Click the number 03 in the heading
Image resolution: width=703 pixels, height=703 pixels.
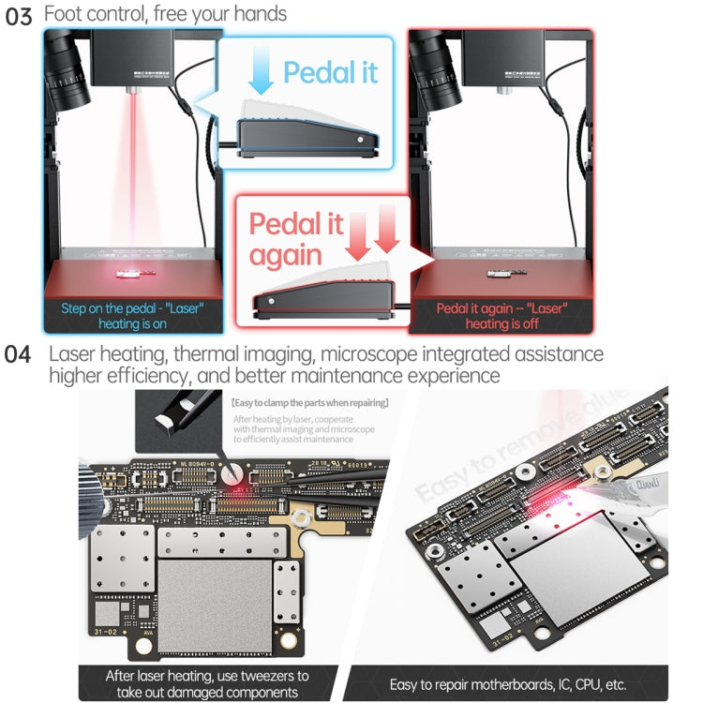pyautogui.click(x=20, y=18)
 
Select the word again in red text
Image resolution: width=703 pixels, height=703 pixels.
pyautogui.click(x=283, y=255)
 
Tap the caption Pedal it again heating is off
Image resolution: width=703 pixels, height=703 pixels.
pyautogui.click(x=501, y=315)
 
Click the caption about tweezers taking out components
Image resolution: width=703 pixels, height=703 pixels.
pyautogui.click(x=208, y=682)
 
